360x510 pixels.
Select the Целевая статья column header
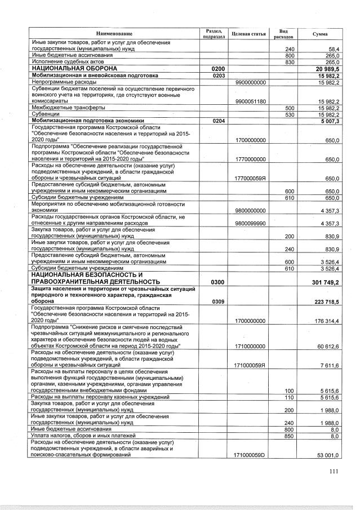coord(248,34)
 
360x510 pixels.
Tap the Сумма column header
coord(320,34)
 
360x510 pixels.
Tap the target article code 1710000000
coord(251,345)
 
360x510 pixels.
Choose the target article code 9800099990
coord(251,224)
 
